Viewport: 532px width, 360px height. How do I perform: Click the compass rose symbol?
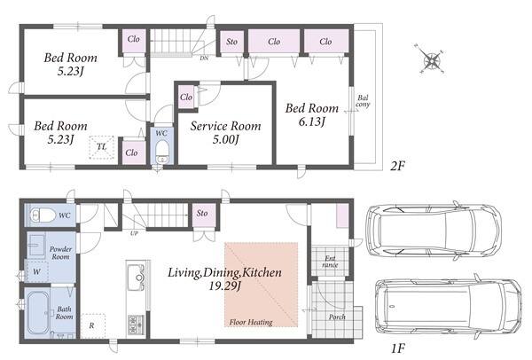(432, 61)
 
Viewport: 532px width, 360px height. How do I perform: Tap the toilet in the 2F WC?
(162, 152)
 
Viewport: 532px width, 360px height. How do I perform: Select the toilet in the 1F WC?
(43, 215)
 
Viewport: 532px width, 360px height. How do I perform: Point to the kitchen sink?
(137, 278)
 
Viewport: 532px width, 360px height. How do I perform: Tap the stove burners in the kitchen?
(136, 325)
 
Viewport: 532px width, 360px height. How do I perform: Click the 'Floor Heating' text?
(251, 322)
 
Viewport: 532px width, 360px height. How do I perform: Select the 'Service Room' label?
(225, 126)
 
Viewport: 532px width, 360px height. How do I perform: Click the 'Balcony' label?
(363, 101)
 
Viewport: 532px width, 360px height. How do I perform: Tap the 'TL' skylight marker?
(101, 147)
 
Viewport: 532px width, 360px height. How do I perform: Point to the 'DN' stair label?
(204, 59)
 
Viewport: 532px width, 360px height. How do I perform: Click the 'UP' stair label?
(134, 233)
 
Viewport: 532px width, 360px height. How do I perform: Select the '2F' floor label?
(397, 166)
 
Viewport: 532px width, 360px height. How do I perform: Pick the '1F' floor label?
(398, 348)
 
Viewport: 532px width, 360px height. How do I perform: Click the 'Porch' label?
(337, 317)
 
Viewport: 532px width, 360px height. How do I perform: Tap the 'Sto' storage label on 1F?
(202, 213)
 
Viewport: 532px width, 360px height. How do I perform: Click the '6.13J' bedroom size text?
(312, 121)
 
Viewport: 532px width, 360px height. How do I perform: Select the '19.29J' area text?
(224, 286)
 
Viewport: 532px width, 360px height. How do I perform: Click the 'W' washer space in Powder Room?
(36, 271)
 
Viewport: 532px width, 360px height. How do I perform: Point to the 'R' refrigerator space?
(92, 325)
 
